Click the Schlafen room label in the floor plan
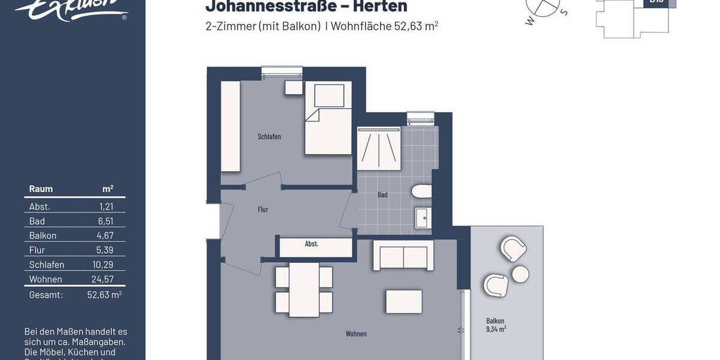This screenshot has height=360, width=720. tap(269, 137)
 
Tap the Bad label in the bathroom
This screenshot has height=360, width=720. tap(382, 195)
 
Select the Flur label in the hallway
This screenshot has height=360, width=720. tap(263, 209)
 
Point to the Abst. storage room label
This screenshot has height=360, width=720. tap(311, 244)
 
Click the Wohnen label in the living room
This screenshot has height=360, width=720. tap(356, 334)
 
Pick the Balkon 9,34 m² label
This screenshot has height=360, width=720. tap(496, 325)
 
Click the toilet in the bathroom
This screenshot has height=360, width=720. tap(421, 192)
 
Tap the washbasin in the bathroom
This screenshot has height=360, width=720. tap(422, 218)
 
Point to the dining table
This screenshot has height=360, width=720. tap(304, 290)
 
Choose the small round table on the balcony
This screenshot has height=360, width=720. tap(520, 274)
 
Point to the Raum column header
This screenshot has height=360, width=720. tap(41, 189)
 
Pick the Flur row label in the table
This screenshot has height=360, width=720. tap(37, 250)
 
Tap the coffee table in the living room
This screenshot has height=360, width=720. tap(404, 301)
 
